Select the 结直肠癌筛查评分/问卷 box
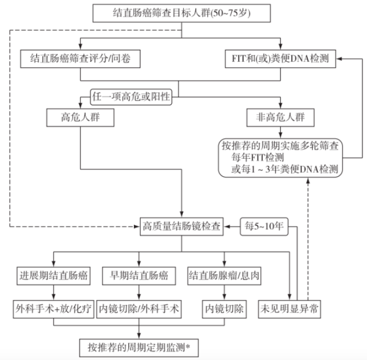(x=80, y=59)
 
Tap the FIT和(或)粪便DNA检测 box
(x=280, y=59)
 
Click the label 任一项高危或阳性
(x=130, y=98)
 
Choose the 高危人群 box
(x=80, y=117)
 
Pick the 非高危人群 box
(x=280, y=117)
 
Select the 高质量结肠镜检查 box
(x=181, y=226)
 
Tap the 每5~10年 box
(x=264, y=226)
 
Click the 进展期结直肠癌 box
(x=53, y=275)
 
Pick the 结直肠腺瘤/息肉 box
(x=223, y=275)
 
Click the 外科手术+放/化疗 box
(x=53, y=310)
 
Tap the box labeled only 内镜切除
(x=223, y=310)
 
